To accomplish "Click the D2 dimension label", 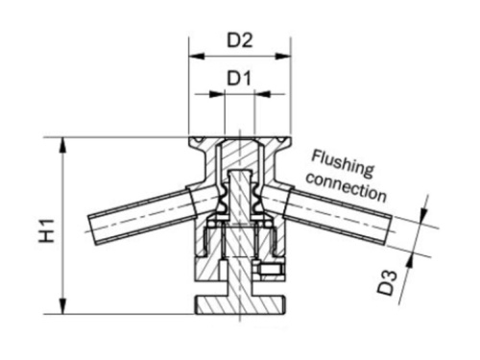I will pos(239,41).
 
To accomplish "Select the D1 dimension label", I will pos(239,77).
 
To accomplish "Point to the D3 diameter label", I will pos(386,285).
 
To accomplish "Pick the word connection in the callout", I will pos(350,187).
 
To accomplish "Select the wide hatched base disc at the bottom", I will pos(239,306).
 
